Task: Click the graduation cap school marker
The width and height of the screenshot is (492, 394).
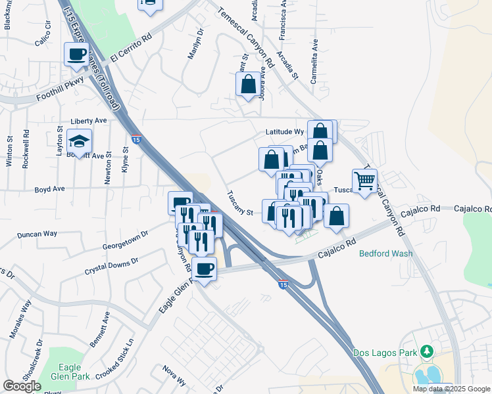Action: [x=79, y=141]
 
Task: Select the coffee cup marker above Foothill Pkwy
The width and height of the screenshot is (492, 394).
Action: [x=76, y=54]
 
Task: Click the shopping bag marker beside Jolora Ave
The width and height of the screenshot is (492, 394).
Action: [x=248, y=84]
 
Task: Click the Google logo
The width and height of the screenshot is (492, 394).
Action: [x=22, y=386]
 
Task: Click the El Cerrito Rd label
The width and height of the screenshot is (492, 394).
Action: [x=132, y=47]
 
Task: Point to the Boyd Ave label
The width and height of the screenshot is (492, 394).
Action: [x=49, y=188]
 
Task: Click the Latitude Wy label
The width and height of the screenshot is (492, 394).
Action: [x=284, y=132]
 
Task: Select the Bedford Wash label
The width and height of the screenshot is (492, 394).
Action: [x=385, y=253]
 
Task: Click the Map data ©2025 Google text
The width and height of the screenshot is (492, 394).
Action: [x=451, y=389]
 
